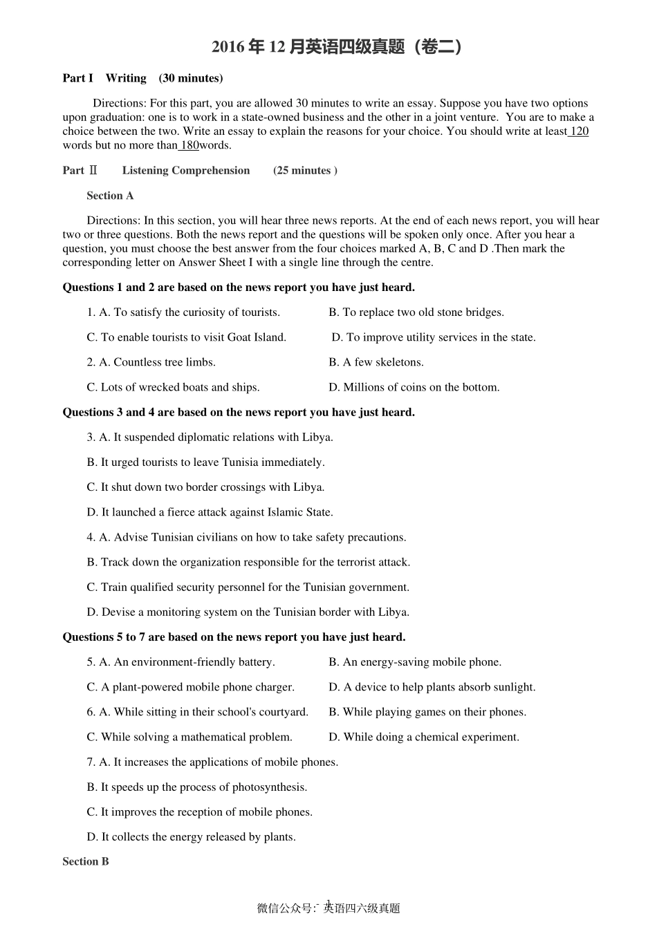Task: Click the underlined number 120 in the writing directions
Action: point(579,131)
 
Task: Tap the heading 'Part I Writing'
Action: point(104,78)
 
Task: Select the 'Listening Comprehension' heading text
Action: point(186,171)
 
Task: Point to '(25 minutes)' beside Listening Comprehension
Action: point(305,171)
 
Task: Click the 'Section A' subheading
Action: point(110,196)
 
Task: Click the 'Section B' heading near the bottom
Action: point(86,861)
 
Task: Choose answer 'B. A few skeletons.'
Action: point(376,362)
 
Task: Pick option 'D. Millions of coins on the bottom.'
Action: point(414,387)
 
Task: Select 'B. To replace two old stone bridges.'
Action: point(416,312)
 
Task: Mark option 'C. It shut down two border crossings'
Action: point(205,487)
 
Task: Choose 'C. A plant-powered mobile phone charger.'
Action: point(191,687)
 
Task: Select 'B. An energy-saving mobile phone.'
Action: point(415,662)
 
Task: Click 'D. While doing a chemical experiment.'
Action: point(423,737)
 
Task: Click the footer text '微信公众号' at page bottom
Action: point(284,908)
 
